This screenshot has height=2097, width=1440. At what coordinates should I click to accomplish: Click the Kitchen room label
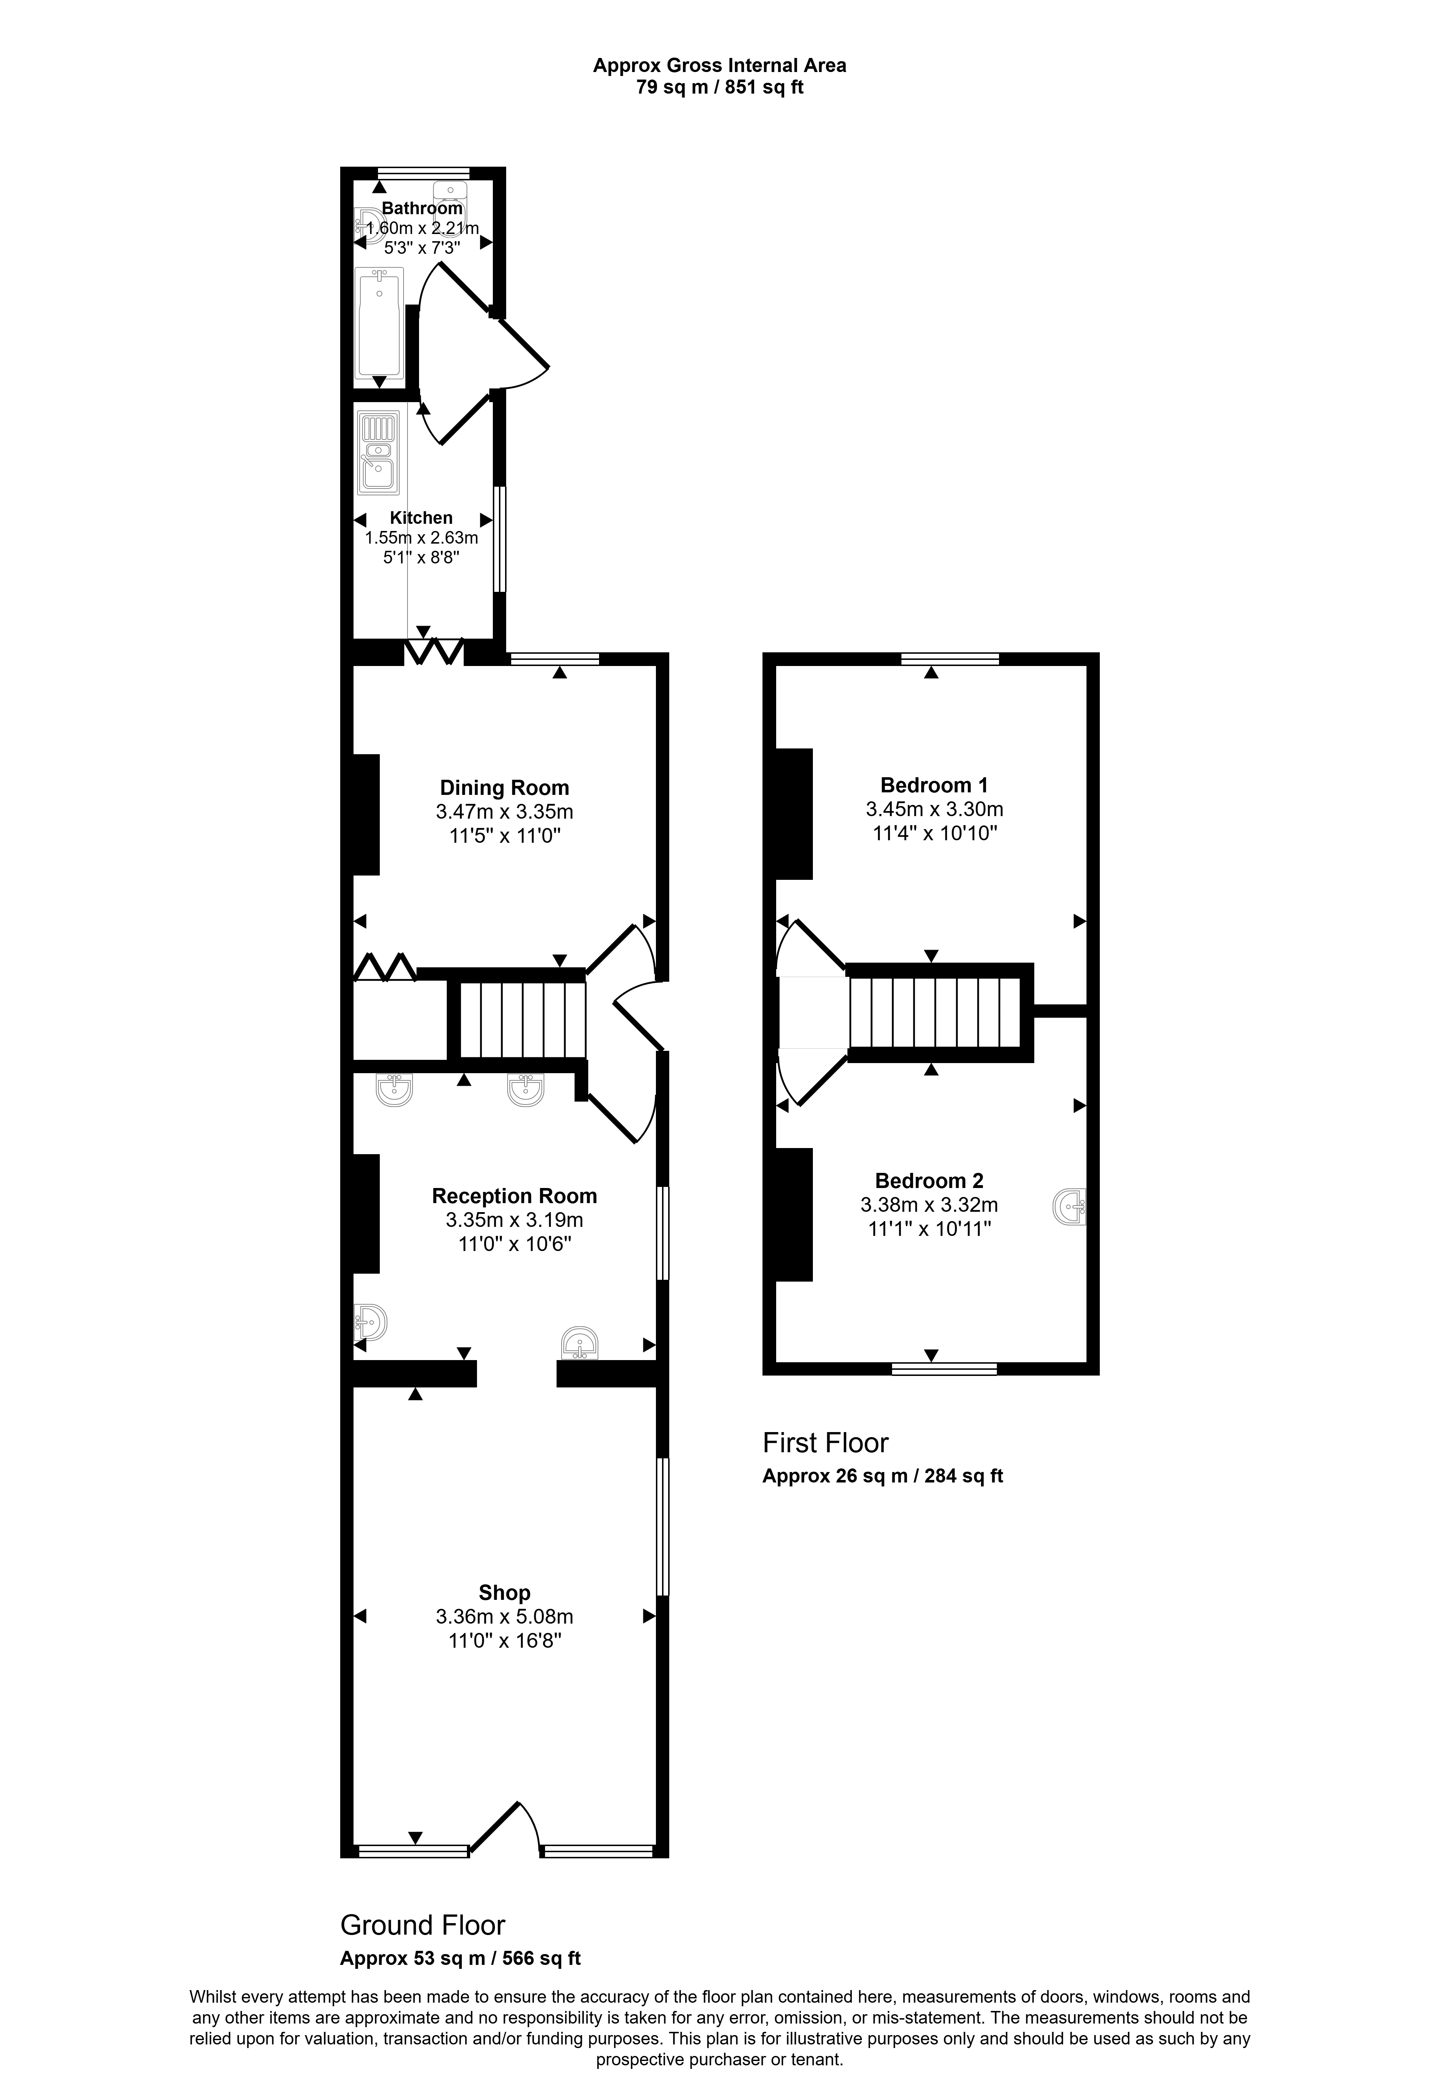(x=421, y=518)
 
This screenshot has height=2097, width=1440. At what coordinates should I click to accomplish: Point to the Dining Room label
(x=504, y=788)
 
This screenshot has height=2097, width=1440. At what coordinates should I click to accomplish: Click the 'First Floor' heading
(x=825, y=1443)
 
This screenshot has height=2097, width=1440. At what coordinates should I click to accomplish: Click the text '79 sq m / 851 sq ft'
(x=720, y=87)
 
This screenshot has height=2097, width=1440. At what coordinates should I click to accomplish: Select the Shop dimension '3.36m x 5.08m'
(x=504, y=1617)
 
